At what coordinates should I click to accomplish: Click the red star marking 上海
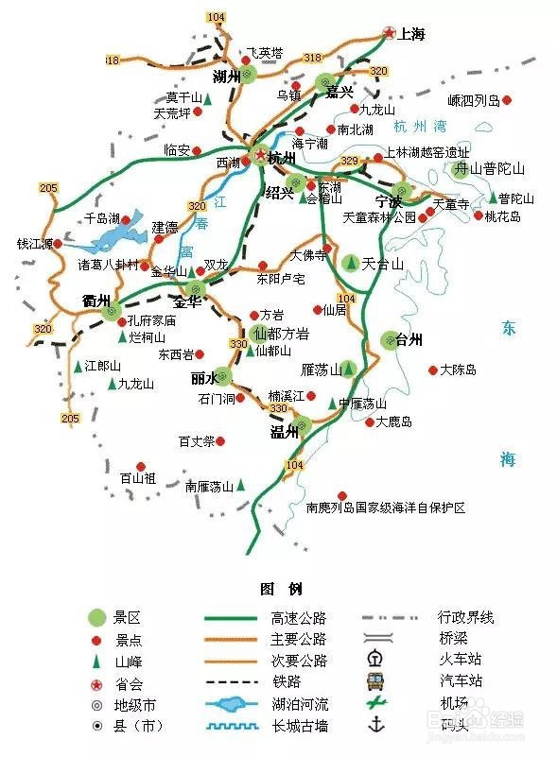[390, 34]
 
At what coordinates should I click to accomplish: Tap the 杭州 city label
[282, 158]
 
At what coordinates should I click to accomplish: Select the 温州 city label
[285, 432]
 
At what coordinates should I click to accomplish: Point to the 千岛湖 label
[102, 217]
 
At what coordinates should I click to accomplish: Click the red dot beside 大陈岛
[433, 370]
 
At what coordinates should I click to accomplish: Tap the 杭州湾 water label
[420, 126]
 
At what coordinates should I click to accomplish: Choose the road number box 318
[312, 59]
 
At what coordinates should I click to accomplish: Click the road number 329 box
[350, 161]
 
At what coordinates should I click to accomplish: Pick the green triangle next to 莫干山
[208, 98]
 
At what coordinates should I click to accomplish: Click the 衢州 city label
[96, 301]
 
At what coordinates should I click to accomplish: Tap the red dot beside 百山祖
[140, 465]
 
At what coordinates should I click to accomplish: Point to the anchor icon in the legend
[374, 725]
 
